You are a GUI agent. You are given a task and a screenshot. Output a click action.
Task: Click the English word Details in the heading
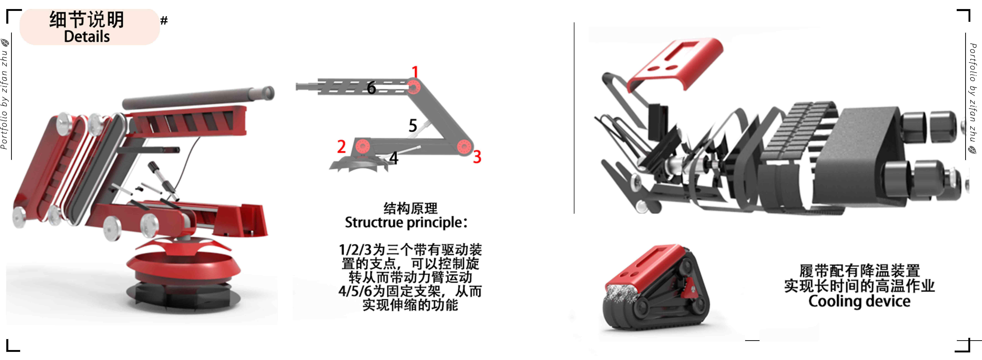pos(87,37)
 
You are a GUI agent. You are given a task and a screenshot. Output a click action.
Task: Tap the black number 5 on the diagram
pos(413,125)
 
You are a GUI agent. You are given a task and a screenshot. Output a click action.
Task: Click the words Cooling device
pos(859,301)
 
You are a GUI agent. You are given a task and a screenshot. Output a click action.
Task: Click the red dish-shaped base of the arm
pos(183,263)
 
